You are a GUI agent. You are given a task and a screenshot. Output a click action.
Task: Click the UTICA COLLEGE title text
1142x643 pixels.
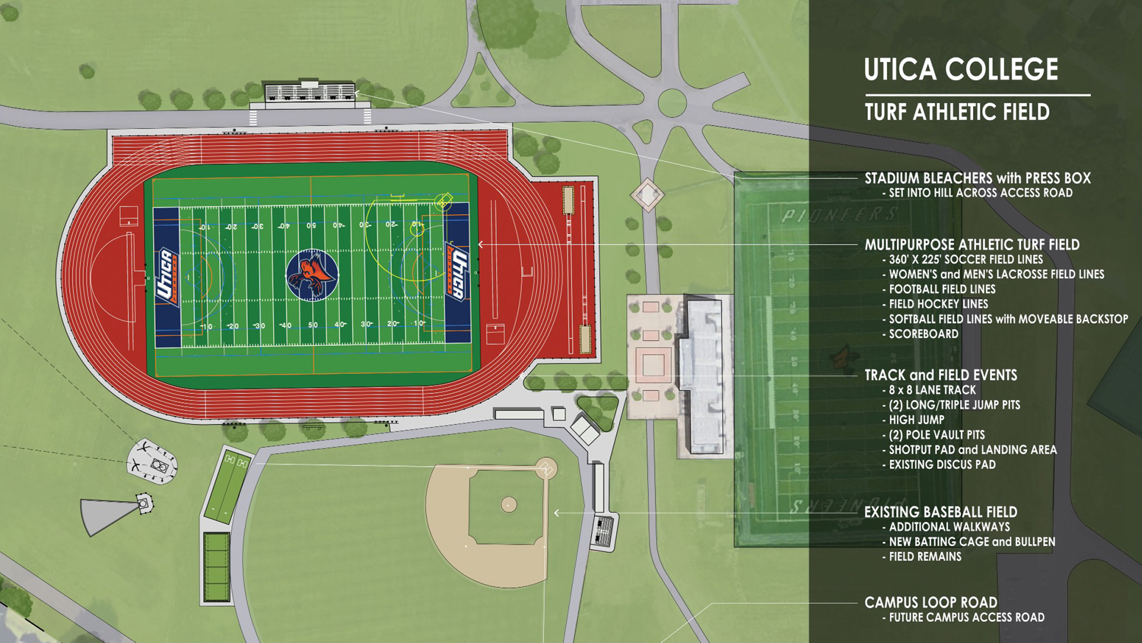pos(960,70)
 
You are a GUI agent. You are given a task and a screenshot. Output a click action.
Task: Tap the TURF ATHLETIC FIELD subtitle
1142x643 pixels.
pos(957,112)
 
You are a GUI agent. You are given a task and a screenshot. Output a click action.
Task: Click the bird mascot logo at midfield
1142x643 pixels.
pos(312,275)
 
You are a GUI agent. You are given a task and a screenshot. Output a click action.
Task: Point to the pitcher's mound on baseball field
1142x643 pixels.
pos(509,504)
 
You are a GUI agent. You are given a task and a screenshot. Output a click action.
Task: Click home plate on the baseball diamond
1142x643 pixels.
pos(546,469)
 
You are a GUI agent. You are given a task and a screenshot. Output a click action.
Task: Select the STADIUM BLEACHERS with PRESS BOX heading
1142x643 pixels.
pos(977,178)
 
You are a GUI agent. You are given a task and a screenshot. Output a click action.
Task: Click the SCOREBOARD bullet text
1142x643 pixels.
pos(923,334)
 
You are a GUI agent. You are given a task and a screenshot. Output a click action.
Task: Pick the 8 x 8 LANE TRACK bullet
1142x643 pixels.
pos(932,390)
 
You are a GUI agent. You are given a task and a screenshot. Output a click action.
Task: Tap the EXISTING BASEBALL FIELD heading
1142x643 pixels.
pos(940,512)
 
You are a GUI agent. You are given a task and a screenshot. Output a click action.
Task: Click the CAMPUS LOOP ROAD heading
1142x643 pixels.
pos(930,602)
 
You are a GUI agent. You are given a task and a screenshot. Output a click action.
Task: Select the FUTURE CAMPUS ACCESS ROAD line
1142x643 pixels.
pos(966,617)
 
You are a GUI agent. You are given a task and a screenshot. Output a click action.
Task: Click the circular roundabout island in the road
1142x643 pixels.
pos(672,103)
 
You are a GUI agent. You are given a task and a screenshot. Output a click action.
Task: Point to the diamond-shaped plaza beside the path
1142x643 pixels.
pos(648,195)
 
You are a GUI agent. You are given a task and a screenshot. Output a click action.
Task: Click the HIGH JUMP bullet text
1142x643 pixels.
pos(916,420)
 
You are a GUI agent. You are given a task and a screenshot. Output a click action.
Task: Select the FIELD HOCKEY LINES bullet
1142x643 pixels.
pos(938,304)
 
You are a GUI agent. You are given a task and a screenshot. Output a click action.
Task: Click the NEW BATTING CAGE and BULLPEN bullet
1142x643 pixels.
pos(971,542)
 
